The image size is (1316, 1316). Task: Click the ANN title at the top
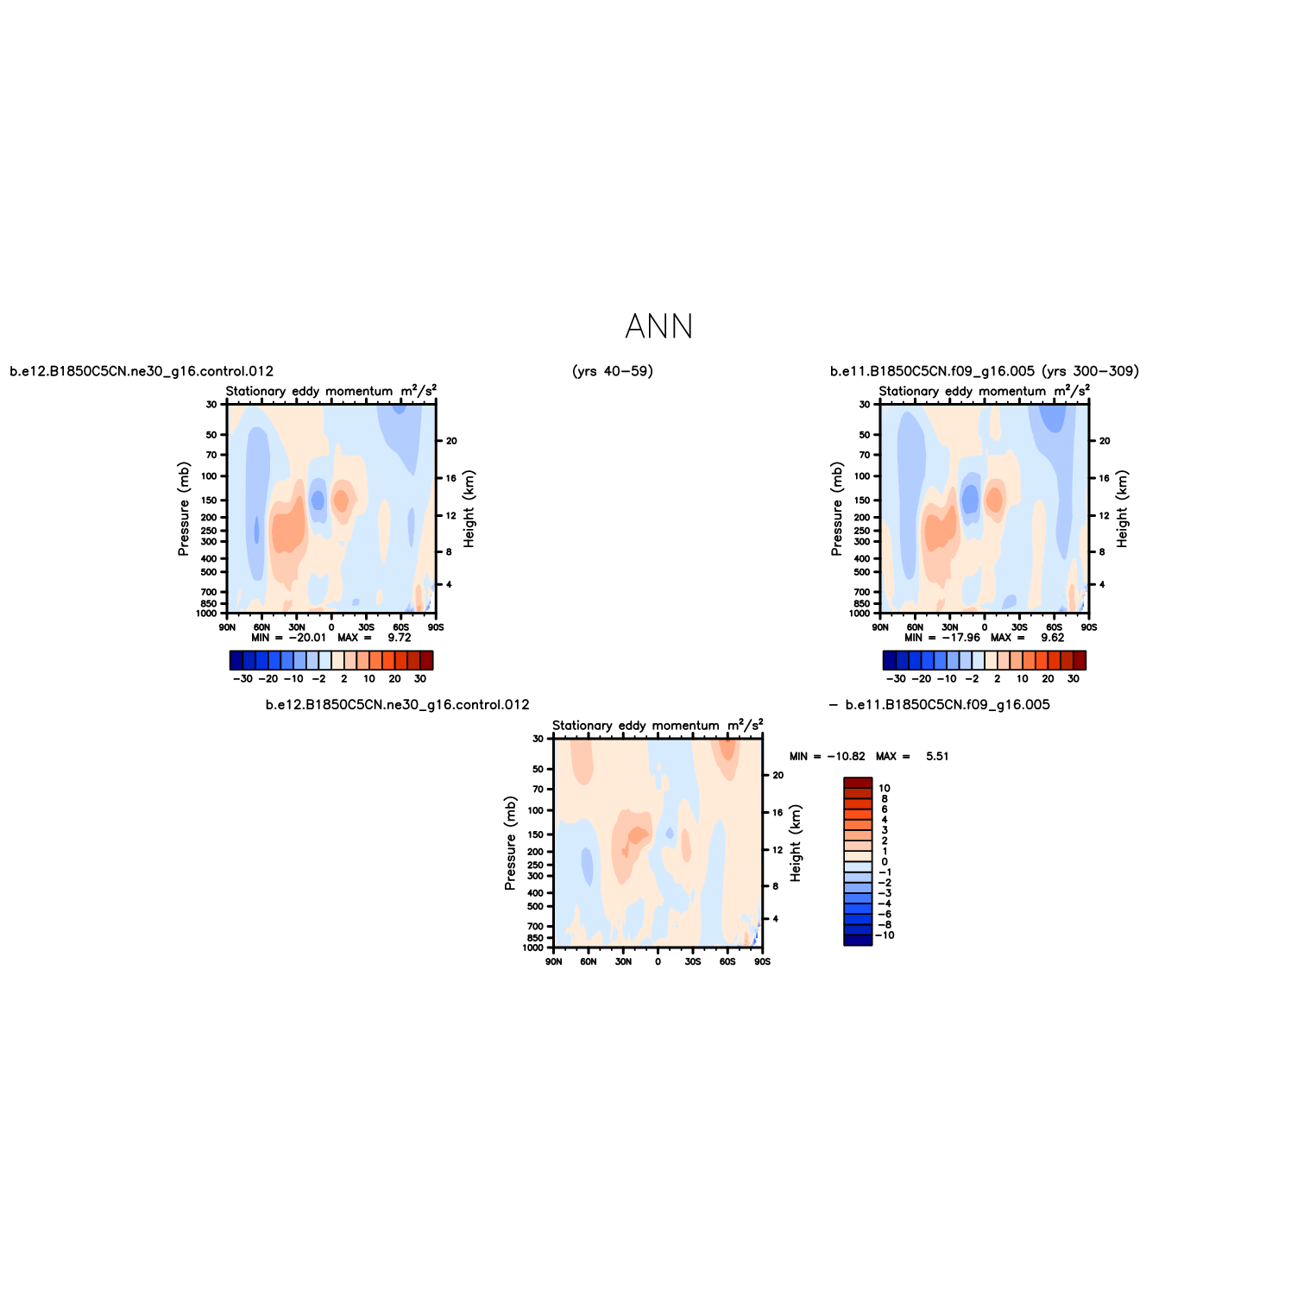658,327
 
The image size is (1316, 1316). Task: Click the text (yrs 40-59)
613,371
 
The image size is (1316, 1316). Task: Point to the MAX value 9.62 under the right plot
1052,638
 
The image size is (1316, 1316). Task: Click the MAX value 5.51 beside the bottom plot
937,756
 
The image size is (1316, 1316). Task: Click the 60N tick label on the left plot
261,627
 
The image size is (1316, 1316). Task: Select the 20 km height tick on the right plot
1105,441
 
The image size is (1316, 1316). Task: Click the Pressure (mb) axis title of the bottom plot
510,843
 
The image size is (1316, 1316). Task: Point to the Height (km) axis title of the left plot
469,509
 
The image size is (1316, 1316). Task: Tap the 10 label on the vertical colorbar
884,788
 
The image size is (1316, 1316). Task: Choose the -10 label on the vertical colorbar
885,935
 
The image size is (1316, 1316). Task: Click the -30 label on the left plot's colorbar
242,678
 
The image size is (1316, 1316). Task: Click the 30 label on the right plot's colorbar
1074,678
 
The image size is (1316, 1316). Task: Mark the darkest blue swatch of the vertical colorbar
858,940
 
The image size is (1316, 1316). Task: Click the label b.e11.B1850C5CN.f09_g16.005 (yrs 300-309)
985,371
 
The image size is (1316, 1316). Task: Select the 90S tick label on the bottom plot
762,961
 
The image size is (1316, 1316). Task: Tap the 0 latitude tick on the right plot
985,627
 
